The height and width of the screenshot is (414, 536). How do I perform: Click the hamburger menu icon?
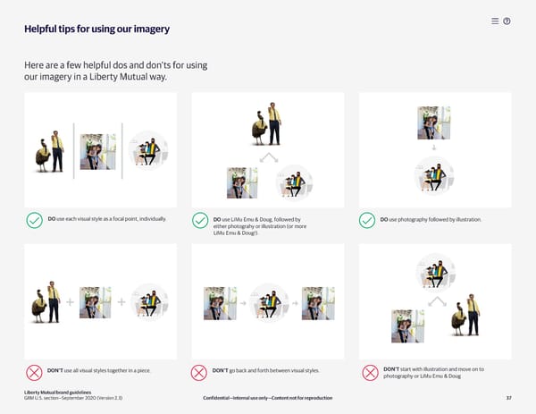coord(495,21)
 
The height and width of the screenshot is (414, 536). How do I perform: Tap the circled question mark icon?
coord(507,21)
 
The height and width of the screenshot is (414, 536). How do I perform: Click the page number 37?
coord(508,398)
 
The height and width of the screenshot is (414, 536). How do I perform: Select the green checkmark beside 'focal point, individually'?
coord(35,220)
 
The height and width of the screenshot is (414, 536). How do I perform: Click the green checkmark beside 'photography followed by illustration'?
coord(367,220)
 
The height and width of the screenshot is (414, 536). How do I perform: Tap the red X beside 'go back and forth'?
coord(199,373)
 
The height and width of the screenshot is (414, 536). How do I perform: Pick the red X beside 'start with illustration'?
coord(370,373)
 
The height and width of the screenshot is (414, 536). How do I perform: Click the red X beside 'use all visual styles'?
coord(34,373)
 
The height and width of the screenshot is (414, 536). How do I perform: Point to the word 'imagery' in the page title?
coord(152,30)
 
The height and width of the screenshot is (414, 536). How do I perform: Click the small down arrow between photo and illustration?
coord(434,148)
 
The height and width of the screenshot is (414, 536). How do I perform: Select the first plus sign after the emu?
coord(70,302)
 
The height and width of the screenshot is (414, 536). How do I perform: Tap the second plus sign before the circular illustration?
coord(121,302)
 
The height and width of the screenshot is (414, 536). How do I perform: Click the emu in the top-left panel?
coord(42,156)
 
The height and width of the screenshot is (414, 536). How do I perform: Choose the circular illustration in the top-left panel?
coord(148,150)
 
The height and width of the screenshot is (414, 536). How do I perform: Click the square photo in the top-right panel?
coord(434,123)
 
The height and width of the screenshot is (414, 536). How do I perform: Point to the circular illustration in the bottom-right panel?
coord(436,273)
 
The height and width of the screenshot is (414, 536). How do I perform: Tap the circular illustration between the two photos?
coord(270,302)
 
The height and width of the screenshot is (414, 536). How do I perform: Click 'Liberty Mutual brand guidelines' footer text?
coord(57,393)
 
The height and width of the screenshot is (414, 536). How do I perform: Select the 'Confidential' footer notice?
coord(268,398)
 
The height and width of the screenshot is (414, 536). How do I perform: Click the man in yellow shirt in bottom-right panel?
coord(473,315)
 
